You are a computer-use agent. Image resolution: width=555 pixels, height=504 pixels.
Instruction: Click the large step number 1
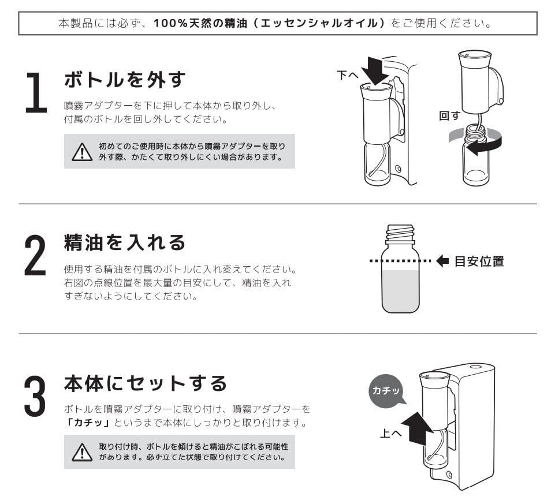click(x=37, y=93)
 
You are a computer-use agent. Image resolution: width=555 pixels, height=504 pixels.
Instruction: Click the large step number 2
click(x=35, y=255)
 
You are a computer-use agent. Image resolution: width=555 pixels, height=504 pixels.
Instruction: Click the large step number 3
click(x=35, y=395)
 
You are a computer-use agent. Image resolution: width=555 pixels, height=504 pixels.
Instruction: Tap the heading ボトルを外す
click(x=125, y=79)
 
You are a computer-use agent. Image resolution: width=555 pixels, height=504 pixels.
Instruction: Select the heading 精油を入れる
click(x=125, y=242)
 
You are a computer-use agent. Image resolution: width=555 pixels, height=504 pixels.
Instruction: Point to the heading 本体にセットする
click(x=145, y=383)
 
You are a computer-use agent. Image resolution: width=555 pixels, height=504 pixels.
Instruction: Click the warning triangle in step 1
click(x=82, y=152)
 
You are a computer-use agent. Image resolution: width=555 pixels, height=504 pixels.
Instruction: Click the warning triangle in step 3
click(x=82, y=452)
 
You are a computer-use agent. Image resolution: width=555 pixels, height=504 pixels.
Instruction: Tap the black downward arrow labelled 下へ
click(x=375, y=71)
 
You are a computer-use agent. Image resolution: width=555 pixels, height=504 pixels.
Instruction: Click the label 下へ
click(x=348, y=75)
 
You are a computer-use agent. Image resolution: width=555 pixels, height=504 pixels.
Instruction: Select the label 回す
click(x=449, y=115)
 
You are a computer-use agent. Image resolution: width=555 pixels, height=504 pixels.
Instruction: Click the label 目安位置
click(x=479, y=262)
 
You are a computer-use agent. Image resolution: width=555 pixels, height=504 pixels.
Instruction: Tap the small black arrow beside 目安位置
click(x=443, y=261)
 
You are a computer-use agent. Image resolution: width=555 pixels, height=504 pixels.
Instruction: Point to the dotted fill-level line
click(x=400, y=261)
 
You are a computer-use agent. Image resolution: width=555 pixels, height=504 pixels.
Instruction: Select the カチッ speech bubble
click(x=386, y=391)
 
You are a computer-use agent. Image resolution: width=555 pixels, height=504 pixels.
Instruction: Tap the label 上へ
click(x=390, y=433)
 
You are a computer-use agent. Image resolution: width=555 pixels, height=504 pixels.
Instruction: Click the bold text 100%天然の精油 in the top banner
click(x=200, y=23)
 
